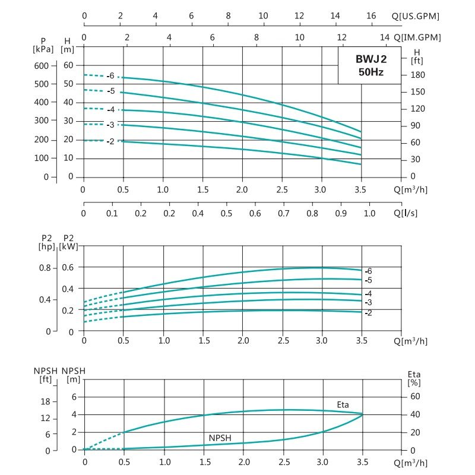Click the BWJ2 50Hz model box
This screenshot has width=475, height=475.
(370, 65)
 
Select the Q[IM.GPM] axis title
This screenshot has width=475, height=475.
(419, 37)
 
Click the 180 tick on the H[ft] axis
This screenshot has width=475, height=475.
(417, 75)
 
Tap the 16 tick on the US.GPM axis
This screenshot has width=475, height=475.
(371, 16)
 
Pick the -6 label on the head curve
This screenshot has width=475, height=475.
(110, 76)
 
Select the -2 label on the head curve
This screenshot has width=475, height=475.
(110, 141)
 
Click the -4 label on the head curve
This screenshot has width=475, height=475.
(110, 109)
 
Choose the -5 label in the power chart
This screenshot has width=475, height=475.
(368, 280)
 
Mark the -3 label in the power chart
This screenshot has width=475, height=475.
(368, 303)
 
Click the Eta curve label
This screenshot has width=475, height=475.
(343, 405)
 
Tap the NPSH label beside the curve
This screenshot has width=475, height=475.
(220, 438)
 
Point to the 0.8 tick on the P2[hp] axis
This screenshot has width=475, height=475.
(45, 267)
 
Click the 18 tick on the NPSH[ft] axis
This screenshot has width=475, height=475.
(45, 402)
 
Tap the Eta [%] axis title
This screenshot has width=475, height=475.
(414, 378)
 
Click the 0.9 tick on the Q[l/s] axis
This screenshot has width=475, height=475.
(341, 213)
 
